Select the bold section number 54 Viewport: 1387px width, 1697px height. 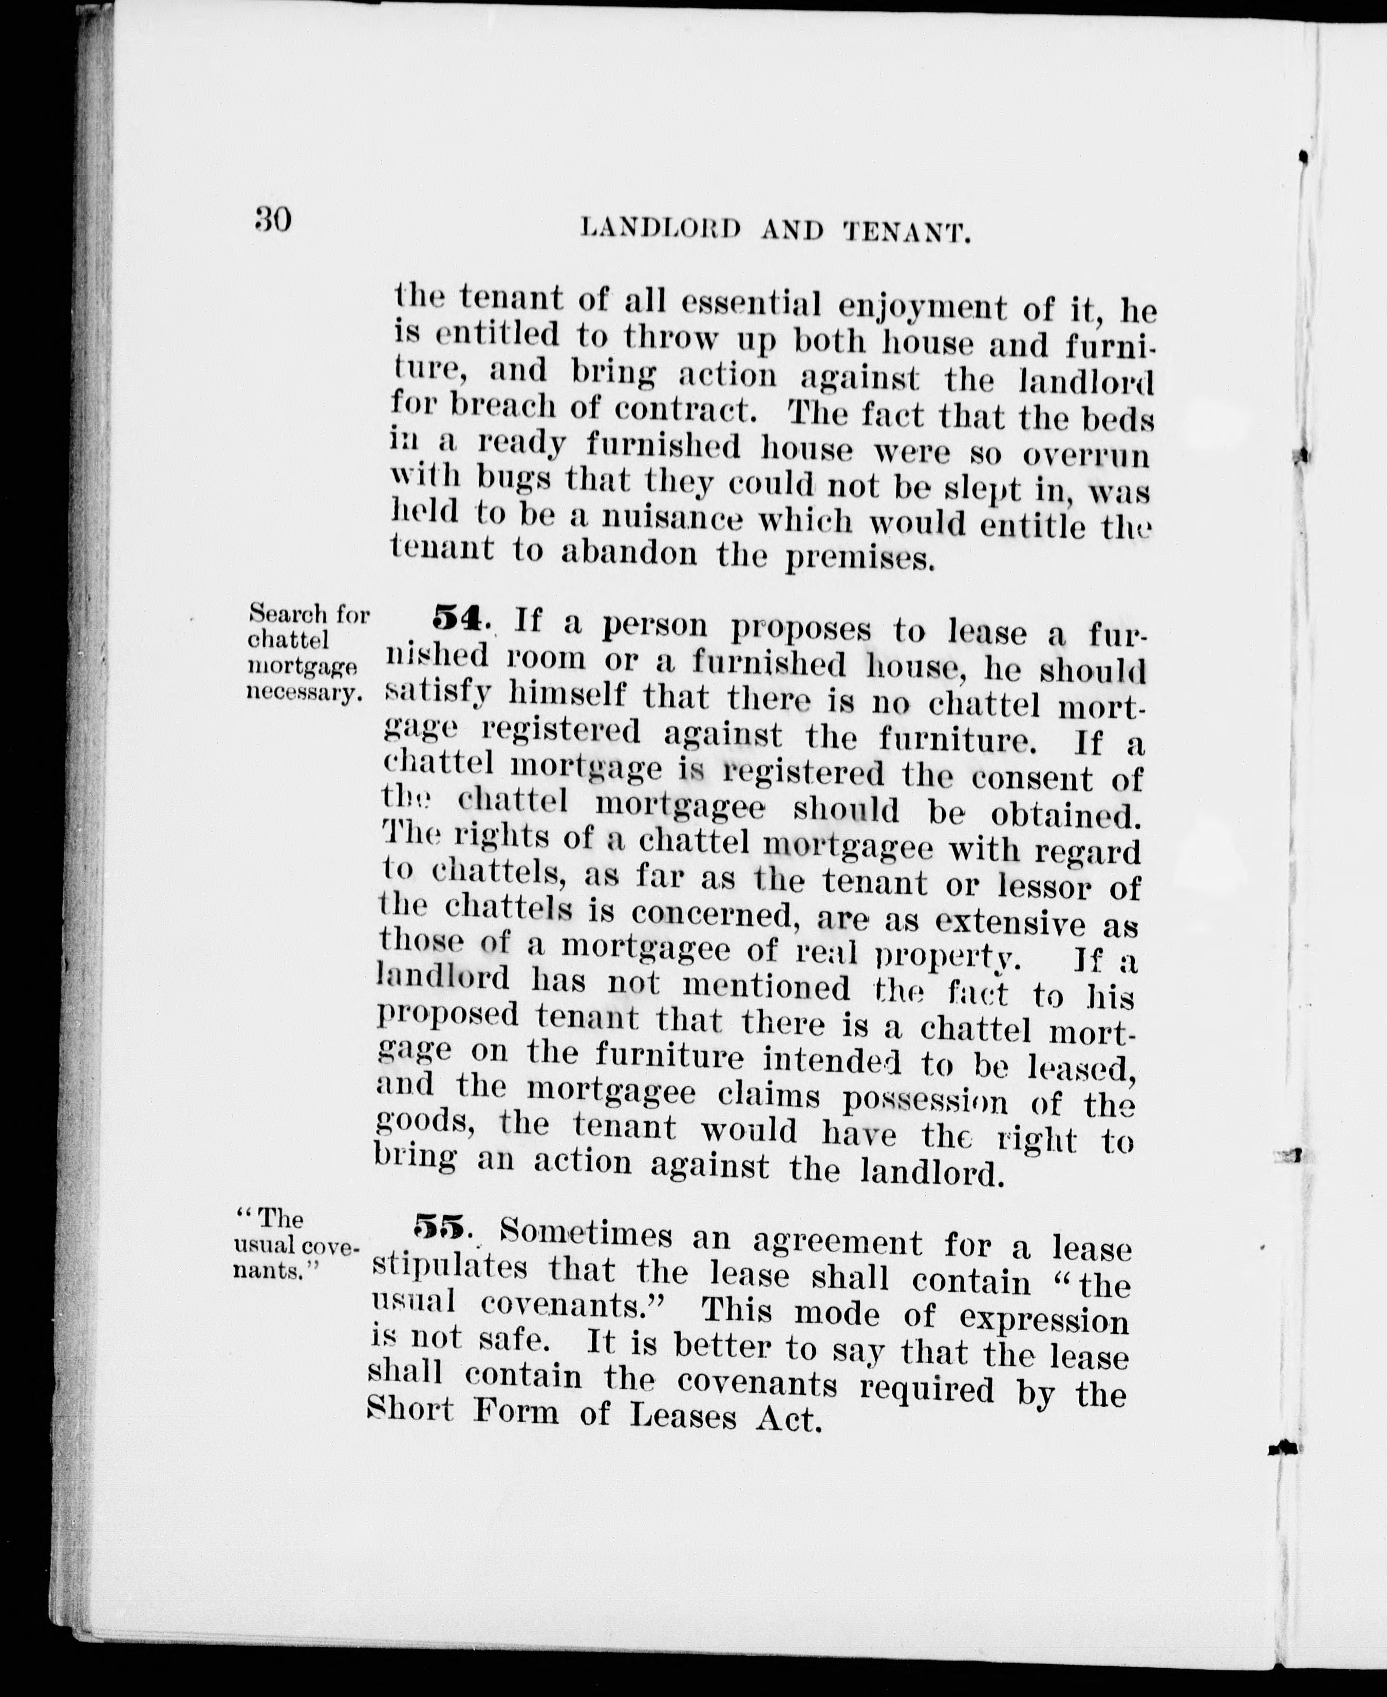click(457, 617)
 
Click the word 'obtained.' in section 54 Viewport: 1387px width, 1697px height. click(1063, 815)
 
